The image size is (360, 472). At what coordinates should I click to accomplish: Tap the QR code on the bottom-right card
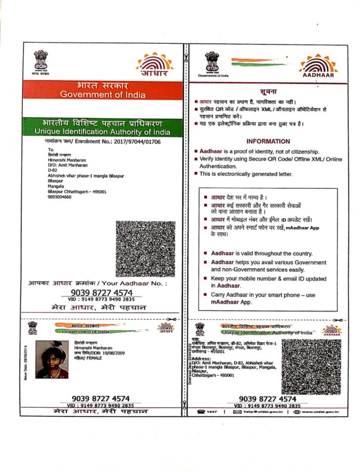point(311,366)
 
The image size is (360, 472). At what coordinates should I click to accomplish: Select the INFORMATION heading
point(268,142)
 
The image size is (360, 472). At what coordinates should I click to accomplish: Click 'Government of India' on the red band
point(103,95)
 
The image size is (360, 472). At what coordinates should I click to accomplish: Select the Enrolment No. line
point(103,141)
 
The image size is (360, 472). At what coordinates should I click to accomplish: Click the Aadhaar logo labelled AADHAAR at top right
point(318,66)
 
